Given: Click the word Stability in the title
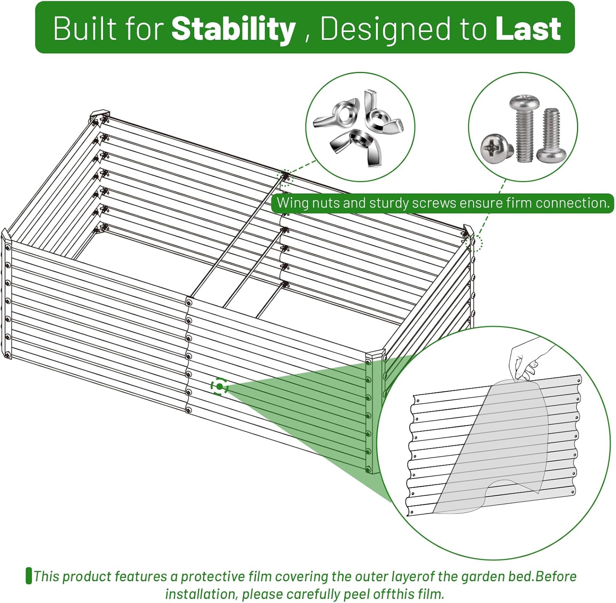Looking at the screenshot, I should point(233,29).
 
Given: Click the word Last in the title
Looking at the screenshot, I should point(528,29).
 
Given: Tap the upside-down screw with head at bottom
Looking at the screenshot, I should point(551,135).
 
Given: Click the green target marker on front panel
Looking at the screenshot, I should point(219,387).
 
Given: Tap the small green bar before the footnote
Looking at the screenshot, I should point(29,575).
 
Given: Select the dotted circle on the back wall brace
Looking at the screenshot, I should point(284,177).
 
